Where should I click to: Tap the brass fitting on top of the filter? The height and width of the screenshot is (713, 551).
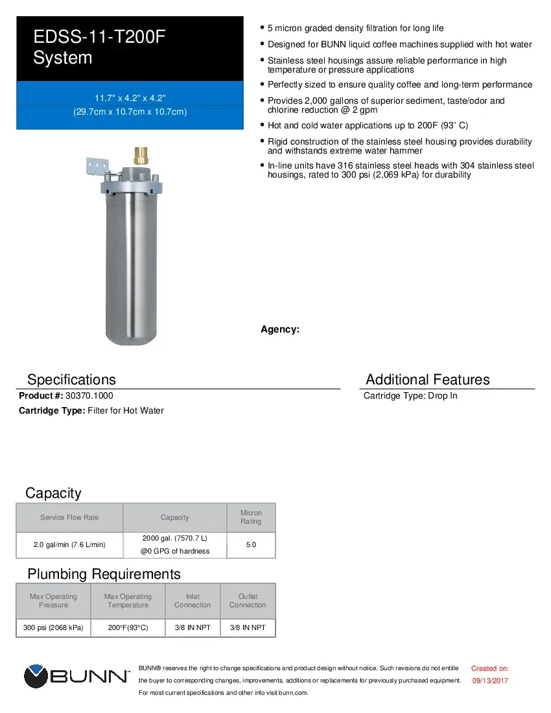[140, 156]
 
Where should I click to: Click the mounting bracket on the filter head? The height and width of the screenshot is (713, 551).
[97, 167]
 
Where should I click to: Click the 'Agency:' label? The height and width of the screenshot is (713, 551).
[279, 329]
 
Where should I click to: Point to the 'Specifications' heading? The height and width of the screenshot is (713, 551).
[71, 379]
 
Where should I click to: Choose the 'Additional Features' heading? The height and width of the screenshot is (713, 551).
[427, 379]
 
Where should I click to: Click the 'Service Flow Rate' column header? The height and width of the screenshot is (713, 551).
[69, 517]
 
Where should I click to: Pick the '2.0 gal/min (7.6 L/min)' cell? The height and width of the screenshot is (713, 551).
[69, 544]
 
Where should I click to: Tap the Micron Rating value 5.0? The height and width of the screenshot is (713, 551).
[251, 544]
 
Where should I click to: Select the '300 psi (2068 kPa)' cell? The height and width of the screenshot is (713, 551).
[53, 627]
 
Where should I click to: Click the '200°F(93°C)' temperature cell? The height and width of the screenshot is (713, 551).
[128, 627]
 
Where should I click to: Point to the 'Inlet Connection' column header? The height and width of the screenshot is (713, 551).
[193, 600]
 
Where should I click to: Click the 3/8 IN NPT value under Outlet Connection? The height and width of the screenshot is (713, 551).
[248, 627]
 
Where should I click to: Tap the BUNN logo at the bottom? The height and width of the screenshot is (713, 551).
[76, 677]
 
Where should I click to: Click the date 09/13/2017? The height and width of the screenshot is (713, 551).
[489, 681]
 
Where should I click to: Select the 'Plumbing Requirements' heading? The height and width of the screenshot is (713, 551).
[104, 574]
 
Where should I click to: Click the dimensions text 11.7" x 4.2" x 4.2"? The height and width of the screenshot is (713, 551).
[130, 98]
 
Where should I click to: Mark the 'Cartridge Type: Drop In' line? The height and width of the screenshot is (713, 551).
[410, 395]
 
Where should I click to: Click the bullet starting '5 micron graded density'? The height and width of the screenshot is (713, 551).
[355, 29]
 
